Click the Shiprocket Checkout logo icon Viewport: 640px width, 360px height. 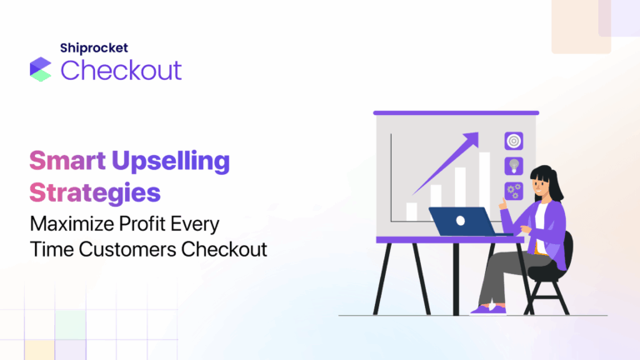(x=40, y=69)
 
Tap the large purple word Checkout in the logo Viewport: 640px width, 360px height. (x=121, y=70)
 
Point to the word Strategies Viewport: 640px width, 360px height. (x=95, y=192)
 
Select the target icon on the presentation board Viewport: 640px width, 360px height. (x=513, y=142)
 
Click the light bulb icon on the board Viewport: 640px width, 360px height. (x=513, y=166)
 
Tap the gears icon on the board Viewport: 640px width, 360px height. (x=513, y=190)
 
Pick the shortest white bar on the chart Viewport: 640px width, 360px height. (x=411, y=212)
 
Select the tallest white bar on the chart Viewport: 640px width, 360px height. (x=484, y=185)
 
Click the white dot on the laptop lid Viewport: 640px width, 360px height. (x=461, y=222)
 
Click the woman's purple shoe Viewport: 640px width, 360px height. (x=482, y=310)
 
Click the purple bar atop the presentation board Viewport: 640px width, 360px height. (x=456, y=112)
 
